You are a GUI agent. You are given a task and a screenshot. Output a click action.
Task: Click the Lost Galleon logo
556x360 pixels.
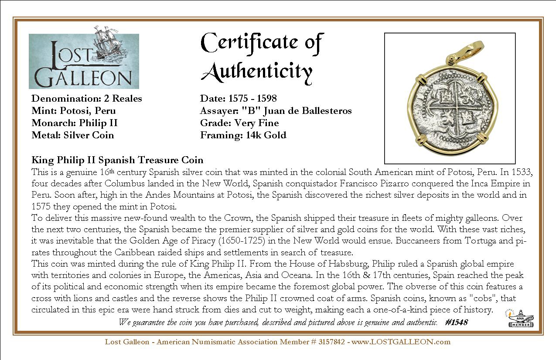pyautogui.click(x=84, y=61)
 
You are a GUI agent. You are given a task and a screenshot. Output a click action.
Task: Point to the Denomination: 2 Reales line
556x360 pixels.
pyautogui.click(x=87, y=99)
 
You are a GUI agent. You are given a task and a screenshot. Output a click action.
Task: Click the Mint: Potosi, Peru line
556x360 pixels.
pyautogui.click(x=74, y=111)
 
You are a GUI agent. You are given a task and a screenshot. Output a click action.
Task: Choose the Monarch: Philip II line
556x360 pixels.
pyautogui.click(x=75, y=123)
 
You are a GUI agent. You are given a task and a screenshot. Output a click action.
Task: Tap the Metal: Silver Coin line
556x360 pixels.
pyautogui.click(x=73, y=135)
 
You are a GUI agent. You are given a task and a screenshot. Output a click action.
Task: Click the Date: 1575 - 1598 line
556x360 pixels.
pyautogui.click(x=239, y=99)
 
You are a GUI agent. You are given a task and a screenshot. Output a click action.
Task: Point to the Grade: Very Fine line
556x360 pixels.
pyautogui.click(x=239, y=123)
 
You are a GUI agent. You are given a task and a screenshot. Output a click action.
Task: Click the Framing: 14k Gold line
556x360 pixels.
pyautogui.click(x=243, y=135)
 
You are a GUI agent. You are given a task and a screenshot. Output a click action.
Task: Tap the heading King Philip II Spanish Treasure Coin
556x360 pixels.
pyautogui.click(x=117, y=160)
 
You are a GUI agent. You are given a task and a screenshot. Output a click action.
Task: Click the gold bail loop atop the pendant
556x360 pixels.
pyautogui.click(x=463, y=54)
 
